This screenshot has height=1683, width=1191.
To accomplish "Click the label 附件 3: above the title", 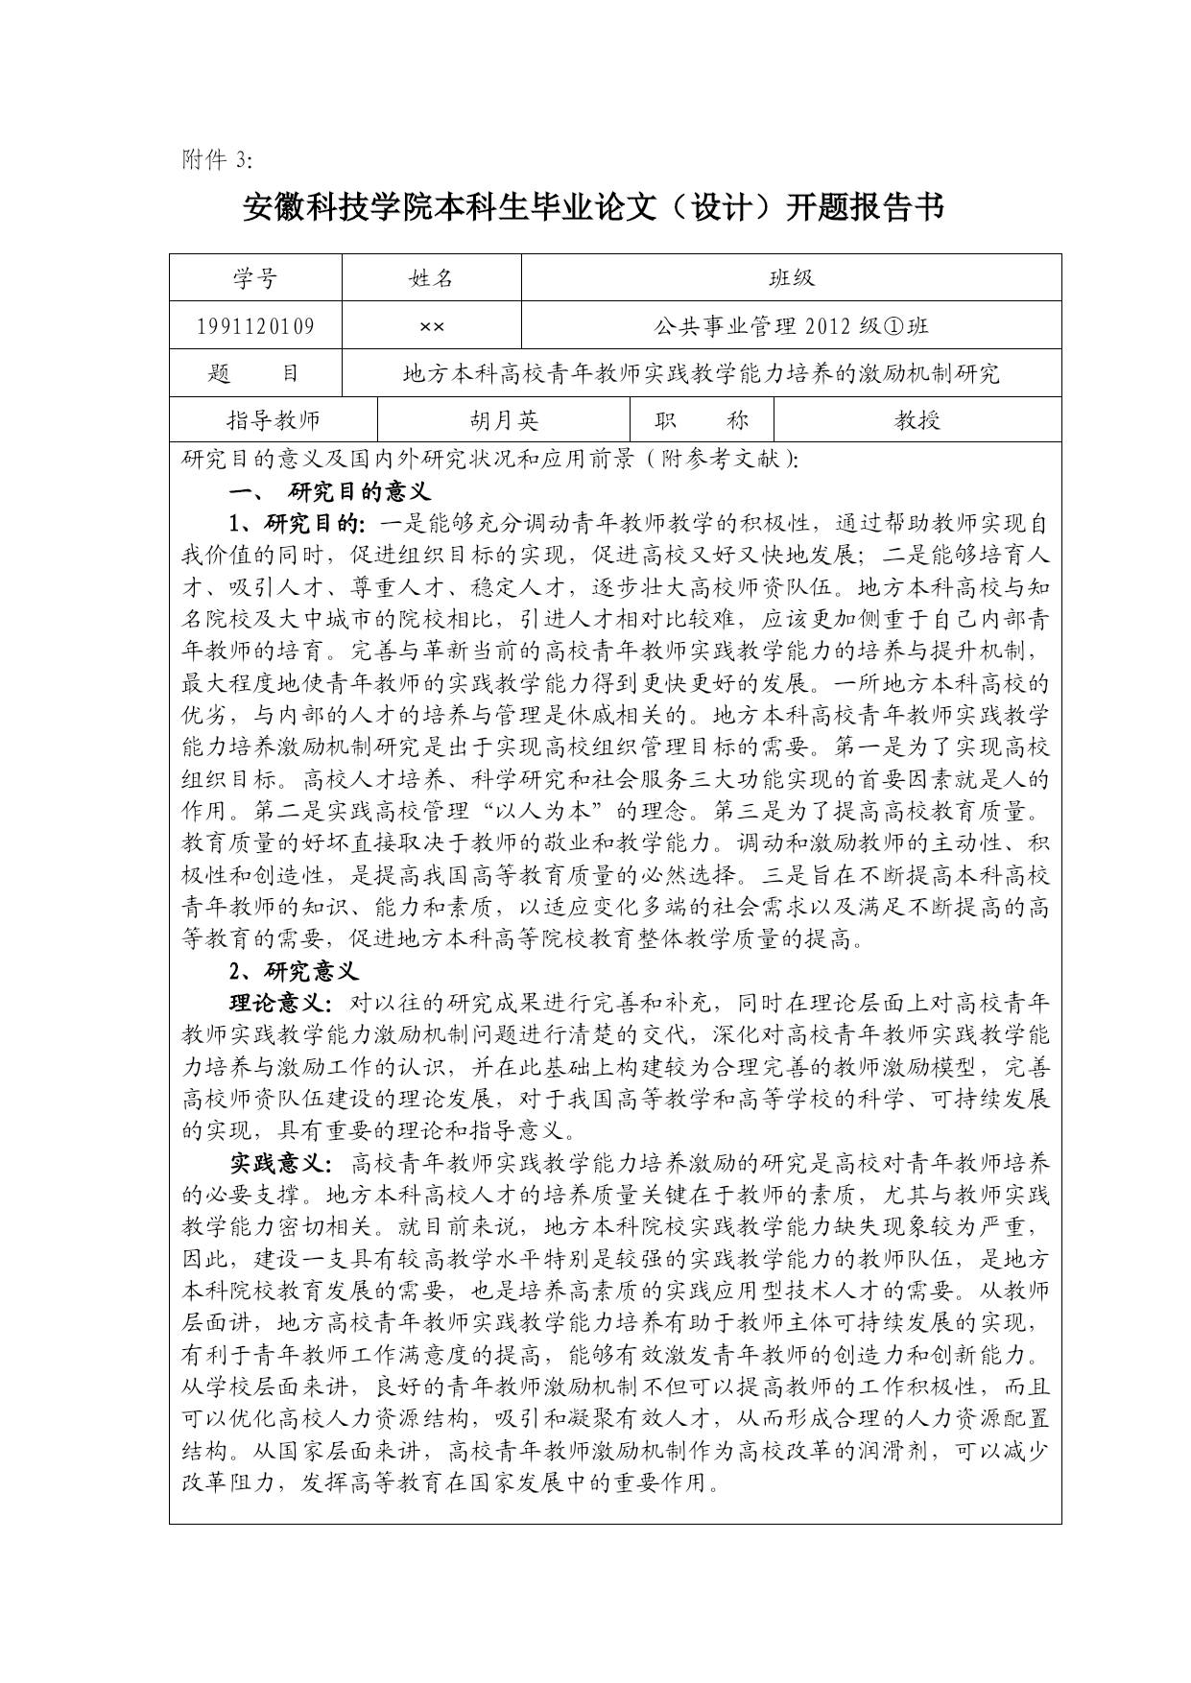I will [215, 160].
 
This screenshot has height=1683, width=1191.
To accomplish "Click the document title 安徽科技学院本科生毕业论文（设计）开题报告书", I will [594, 207].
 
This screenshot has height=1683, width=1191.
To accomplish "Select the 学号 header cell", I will [255, 278].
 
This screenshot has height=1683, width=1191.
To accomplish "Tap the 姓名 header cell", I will [431, 278].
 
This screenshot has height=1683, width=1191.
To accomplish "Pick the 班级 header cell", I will [791, 278].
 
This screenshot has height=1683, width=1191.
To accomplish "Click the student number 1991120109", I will [255, 326].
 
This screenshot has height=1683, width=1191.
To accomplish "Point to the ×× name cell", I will [431, 326].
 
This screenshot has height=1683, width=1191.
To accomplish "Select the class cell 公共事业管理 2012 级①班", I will [791, 326].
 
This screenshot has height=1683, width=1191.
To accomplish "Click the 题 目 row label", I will [255, 373].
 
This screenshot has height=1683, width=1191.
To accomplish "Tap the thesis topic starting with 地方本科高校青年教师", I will [701, 373].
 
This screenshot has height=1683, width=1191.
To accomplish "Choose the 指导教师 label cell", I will [274, 420].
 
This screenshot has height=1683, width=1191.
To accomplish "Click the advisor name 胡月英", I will [504, 420].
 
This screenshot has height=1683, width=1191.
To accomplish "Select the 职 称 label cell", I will [701, 420].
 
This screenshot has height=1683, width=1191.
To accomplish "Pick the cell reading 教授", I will [917, 420].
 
